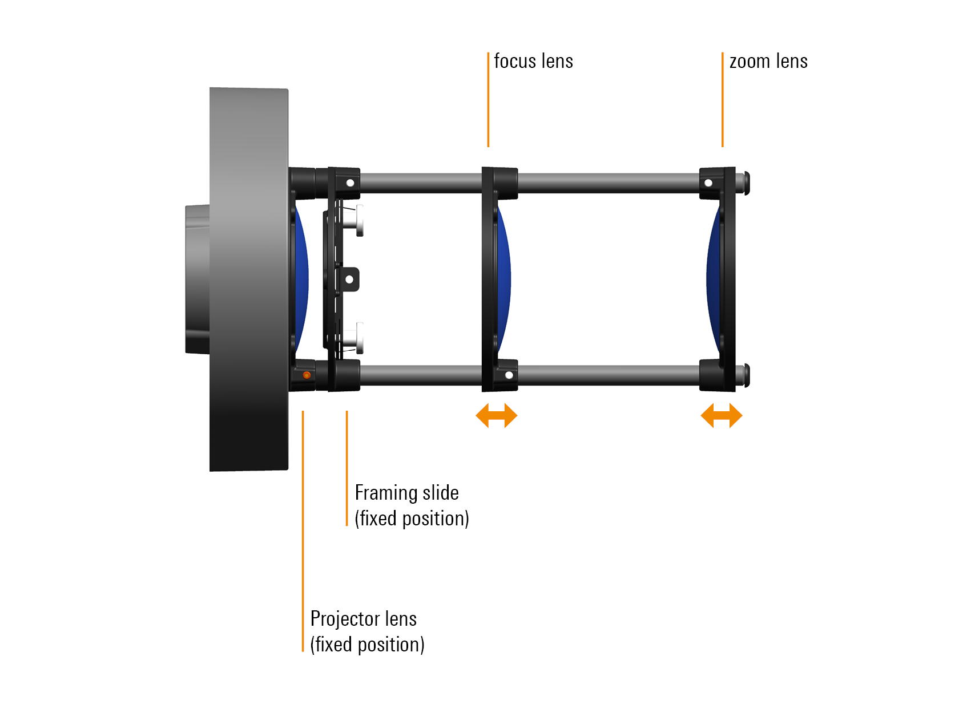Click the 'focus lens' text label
point(533,62)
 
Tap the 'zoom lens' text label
point(769,62)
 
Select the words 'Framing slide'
point(406,493)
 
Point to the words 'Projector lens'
point(364,619)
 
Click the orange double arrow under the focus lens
point(496,416)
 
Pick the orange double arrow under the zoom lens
point(721,416)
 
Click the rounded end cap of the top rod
point(746,184)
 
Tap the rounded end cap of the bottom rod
point(746,376)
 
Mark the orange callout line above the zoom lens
point(723,100)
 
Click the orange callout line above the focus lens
point(489,100)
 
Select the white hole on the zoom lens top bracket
point(708,183)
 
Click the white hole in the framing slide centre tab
point(349,279)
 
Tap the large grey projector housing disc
point(248,279)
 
